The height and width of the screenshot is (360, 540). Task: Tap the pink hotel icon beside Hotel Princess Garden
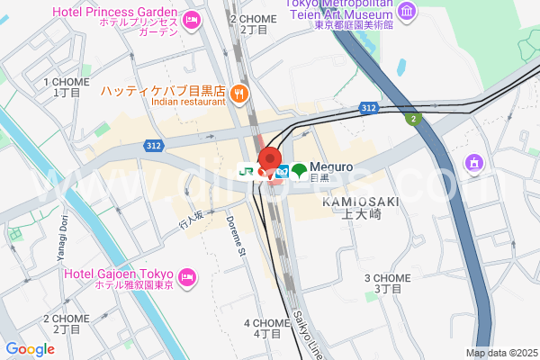[x=192, y=20]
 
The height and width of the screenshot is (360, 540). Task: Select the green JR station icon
[x=246, y=170]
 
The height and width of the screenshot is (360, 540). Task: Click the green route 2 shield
[x=412, y=119]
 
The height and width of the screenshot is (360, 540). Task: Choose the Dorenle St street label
[x=236, y=237]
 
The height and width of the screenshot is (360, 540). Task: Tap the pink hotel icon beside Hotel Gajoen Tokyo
[x=188, y=276]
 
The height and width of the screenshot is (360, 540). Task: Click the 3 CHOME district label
[x=387, y=283]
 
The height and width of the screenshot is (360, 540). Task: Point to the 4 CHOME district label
[x=267, y=328]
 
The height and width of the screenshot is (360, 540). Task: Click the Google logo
[x=30, y=349]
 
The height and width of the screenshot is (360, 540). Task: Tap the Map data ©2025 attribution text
[x=499, y=353]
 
